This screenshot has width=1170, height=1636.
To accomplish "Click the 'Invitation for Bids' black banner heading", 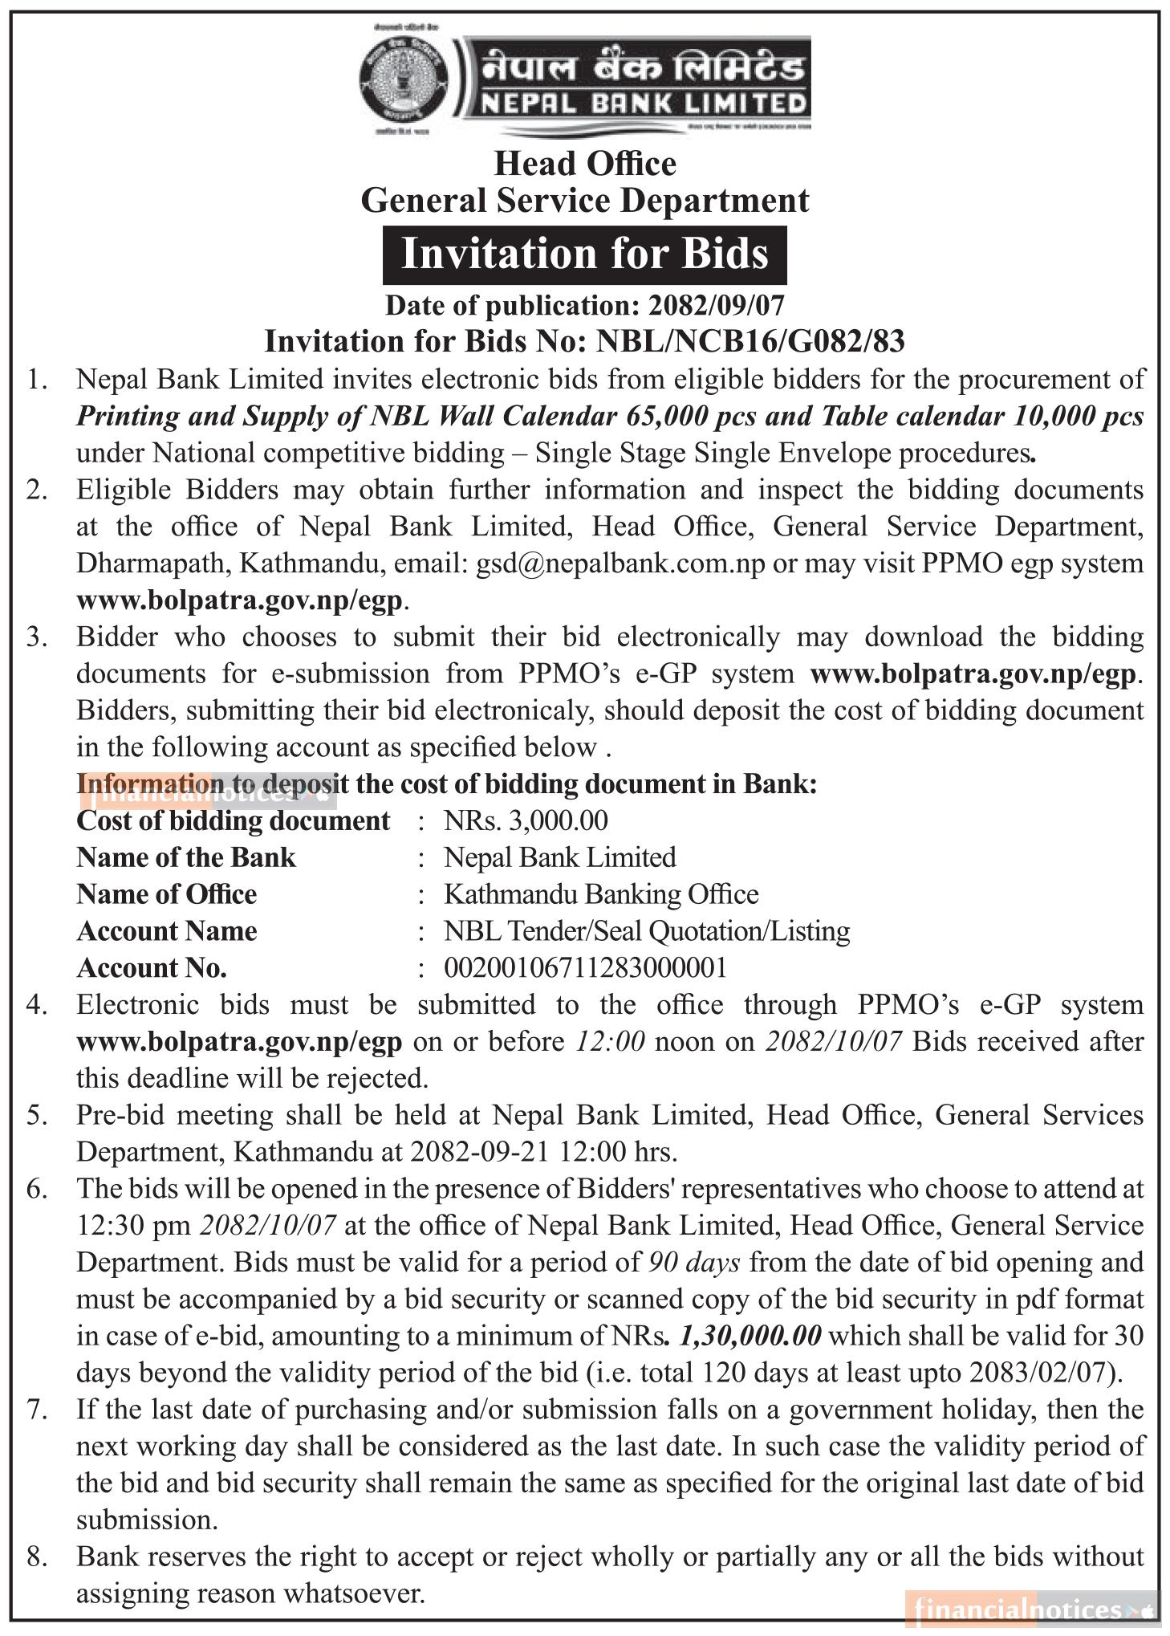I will (x=584, y=254).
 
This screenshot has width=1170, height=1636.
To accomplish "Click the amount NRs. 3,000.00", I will (x=526, y=820).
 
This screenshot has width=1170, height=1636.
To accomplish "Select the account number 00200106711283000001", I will (x=585, y=968).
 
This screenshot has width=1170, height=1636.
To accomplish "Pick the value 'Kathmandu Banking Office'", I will (x=601, y=894).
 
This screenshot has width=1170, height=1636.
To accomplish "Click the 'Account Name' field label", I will (x=167, y=931).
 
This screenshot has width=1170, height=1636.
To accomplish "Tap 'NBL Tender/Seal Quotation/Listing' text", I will (x=647, y=931).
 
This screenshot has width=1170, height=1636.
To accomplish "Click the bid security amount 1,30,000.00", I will (x=750, y=1336).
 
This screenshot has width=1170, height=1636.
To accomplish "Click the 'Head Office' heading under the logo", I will (x=585, y=164).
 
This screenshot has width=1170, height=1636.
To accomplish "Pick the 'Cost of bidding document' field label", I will (x=233, y=820).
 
